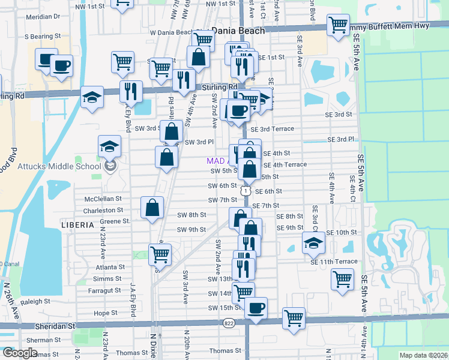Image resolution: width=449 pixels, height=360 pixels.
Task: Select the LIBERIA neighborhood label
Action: (x=77, y=224)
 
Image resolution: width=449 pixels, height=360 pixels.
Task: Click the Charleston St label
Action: (x=103, y=211)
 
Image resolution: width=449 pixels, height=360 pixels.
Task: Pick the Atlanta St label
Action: (x=109, y=267)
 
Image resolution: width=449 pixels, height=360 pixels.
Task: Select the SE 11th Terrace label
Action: (x=334, y=262)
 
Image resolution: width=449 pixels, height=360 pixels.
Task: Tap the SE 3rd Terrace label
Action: (x=273, y=129)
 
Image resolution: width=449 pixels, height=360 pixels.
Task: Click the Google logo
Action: (x=20, y=352)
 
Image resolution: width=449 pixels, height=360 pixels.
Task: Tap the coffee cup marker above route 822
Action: (x=256, y=308)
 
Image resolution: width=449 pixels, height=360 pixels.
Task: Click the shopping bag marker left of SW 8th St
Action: (x=152, y=208)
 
